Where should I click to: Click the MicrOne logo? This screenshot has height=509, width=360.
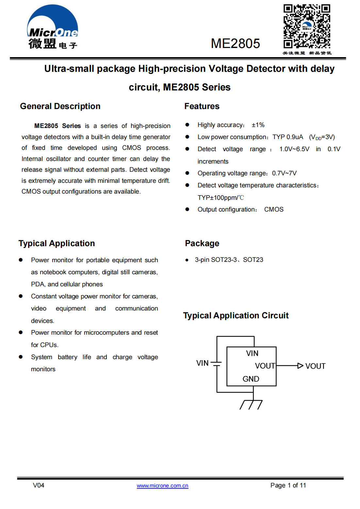53,27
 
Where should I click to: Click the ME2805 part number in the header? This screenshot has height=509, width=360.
235,43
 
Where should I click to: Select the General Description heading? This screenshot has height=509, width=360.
60,106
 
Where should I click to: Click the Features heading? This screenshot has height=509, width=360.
202,106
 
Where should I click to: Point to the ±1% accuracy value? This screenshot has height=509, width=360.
258,125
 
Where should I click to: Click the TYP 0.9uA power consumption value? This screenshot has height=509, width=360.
287,137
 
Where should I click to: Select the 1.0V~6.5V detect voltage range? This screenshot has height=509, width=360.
294,149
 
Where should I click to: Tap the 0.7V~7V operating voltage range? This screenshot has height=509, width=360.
284,173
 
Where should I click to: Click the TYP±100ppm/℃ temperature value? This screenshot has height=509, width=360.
221,198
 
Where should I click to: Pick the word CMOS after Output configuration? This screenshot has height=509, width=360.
274,210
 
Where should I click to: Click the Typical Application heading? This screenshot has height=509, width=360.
57,244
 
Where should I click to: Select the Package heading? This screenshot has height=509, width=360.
202,244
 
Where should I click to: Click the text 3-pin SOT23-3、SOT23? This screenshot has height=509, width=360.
229,260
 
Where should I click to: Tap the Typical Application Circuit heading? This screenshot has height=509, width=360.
236,316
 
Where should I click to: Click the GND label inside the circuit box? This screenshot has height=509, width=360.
251,379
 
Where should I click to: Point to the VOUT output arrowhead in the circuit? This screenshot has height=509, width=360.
300,366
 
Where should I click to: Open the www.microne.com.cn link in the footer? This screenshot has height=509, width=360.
162,486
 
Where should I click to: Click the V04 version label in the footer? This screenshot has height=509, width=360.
39,485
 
